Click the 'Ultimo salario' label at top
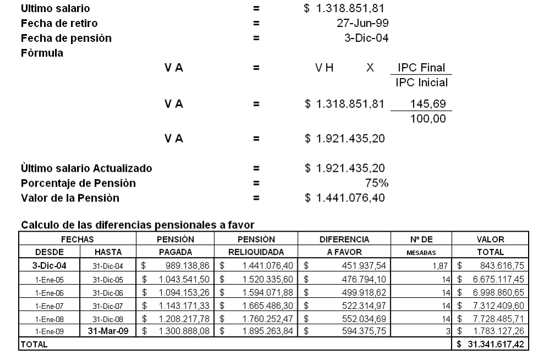56,9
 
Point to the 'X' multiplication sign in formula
371,68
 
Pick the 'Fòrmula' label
42,53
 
